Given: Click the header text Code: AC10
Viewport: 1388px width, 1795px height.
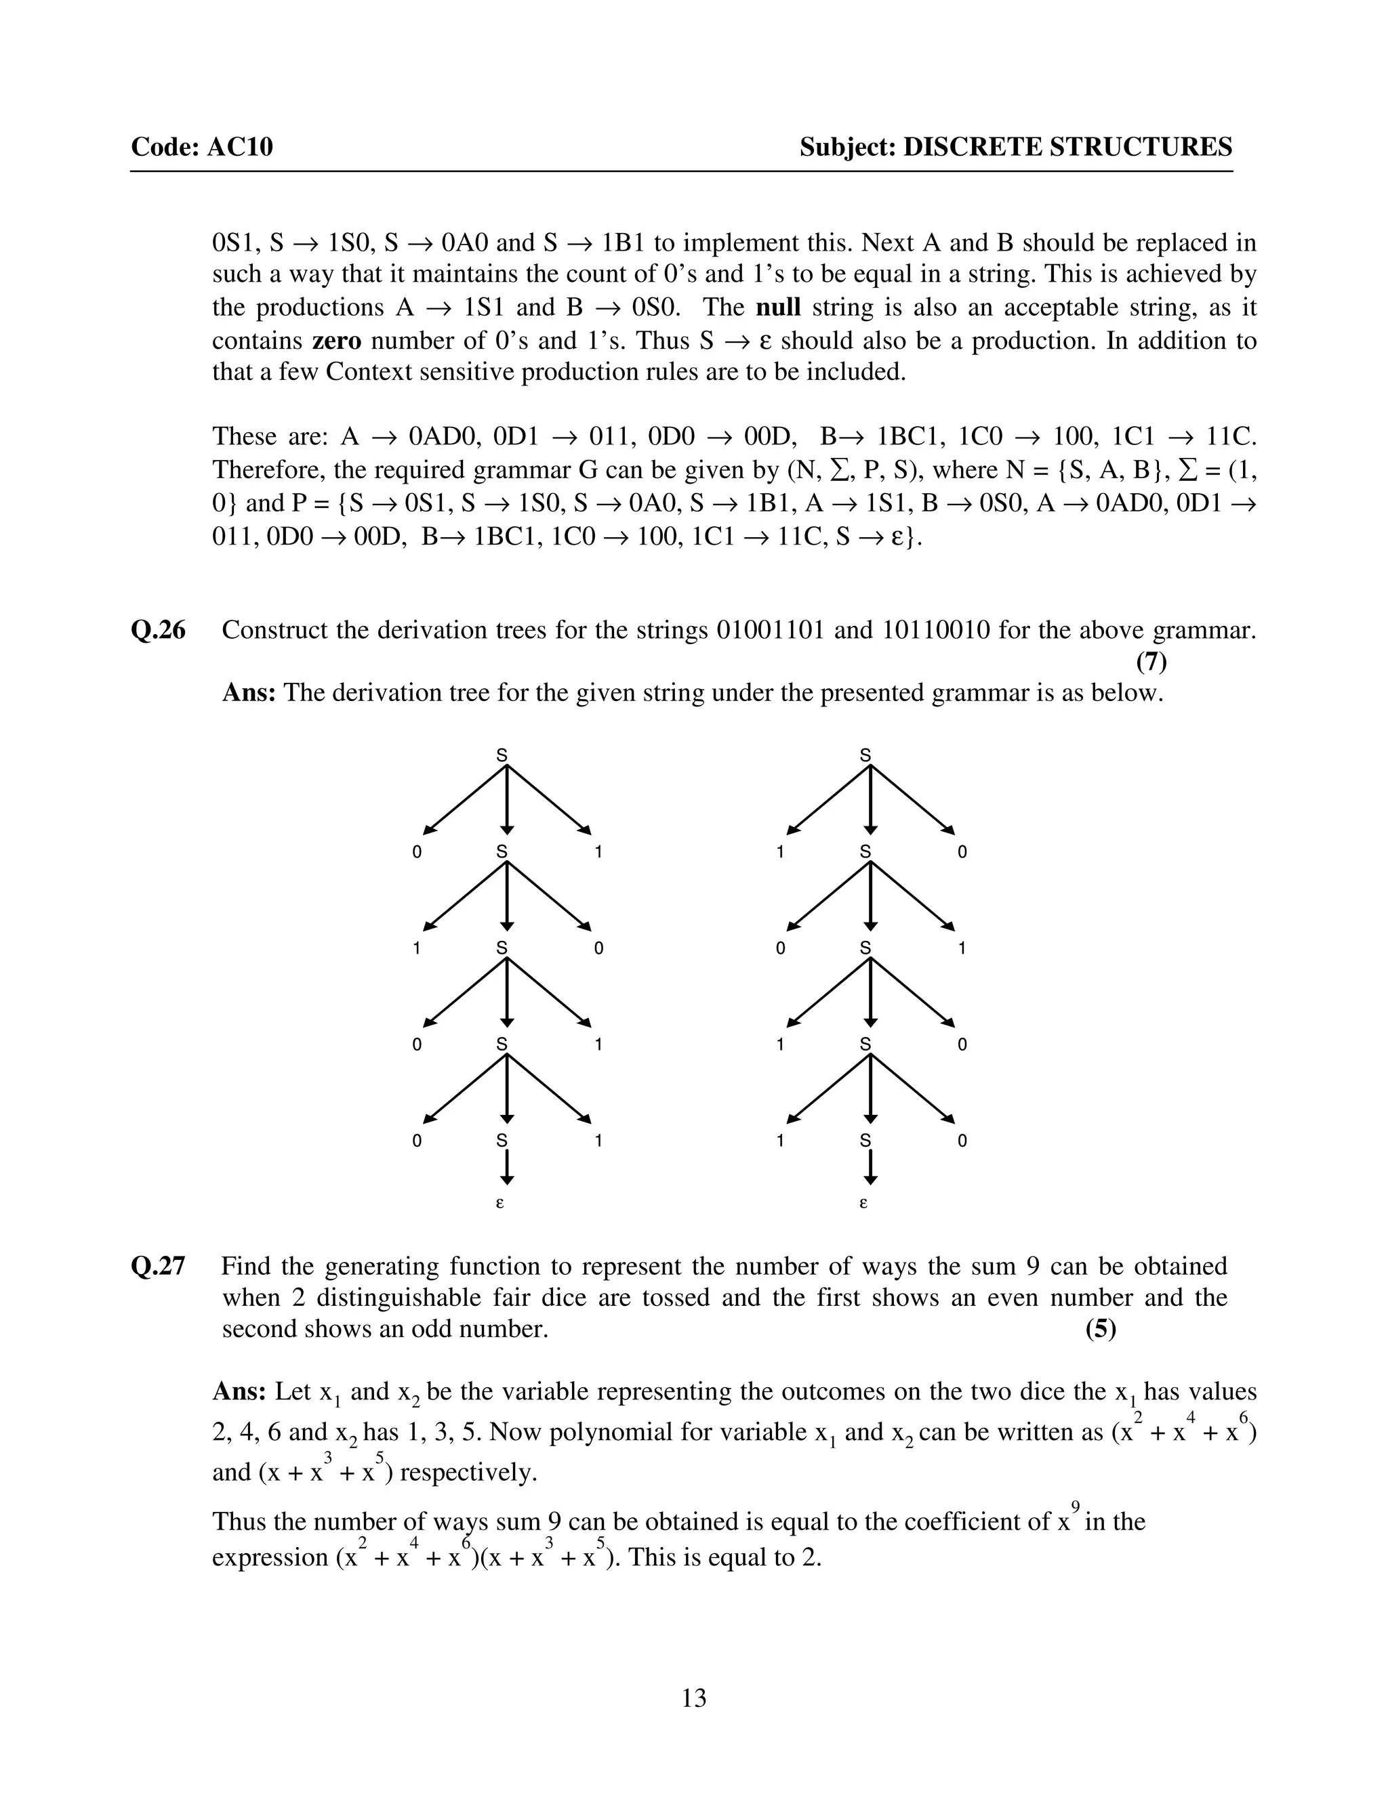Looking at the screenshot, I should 201,147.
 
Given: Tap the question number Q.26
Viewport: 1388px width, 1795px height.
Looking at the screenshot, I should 159,631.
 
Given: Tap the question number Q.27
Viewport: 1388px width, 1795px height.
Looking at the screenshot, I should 159,1266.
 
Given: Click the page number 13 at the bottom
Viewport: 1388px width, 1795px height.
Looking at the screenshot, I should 693,1697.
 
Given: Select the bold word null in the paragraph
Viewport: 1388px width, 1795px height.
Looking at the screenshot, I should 778,308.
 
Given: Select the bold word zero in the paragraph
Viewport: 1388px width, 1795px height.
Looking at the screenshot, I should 336,340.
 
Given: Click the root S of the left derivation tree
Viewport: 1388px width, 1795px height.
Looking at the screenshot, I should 502,755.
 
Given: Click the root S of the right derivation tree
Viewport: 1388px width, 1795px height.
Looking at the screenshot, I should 865,755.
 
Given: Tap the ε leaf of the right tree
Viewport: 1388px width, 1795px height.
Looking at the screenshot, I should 863,1203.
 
